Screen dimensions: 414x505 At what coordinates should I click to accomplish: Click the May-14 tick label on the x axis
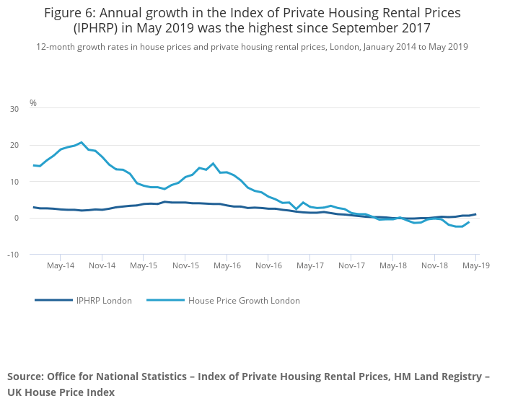coord(61,265)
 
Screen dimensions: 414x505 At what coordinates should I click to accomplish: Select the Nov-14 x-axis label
coord(102,265)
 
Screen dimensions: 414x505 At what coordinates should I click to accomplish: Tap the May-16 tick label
coord(227,265)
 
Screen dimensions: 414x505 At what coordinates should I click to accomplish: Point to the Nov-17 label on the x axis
coord(351,265)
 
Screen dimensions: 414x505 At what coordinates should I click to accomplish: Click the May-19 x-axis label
coord(475,265)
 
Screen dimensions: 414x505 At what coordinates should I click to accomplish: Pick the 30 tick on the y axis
coord(14,109)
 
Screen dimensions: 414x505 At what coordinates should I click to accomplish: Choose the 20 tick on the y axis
coord(14,145)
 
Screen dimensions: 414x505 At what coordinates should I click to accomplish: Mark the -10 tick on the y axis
coord(13,255)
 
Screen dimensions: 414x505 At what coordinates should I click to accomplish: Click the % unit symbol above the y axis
coord(33,103)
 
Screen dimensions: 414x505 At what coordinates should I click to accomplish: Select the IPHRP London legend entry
coord(104,301)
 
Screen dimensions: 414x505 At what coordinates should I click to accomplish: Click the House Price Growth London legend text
coord(243,301)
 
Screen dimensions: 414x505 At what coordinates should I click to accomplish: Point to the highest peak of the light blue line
coord(82,142)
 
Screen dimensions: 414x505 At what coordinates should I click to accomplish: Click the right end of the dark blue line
coord(475,214)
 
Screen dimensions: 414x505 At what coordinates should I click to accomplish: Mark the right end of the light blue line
coord(469,222)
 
